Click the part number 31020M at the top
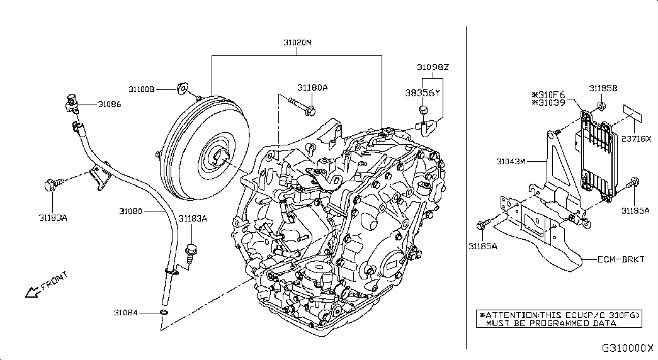point(297,42)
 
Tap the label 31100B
point(142,89)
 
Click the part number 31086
point(110,104)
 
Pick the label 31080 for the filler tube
point(130,211)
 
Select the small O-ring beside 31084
point(164,312)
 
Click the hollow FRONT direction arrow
point(33,292)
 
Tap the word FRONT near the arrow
point(54,281)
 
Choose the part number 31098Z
point(433,67)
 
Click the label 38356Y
point(423,93)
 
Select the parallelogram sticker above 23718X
point(632,114)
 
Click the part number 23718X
point(636,138)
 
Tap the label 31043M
point(511,161)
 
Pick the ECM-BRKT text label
point(621,259)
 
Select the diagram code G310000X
point(628,348)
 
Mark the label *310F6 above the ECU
point(548,95)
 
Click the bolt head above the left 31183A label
point(50,184)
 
